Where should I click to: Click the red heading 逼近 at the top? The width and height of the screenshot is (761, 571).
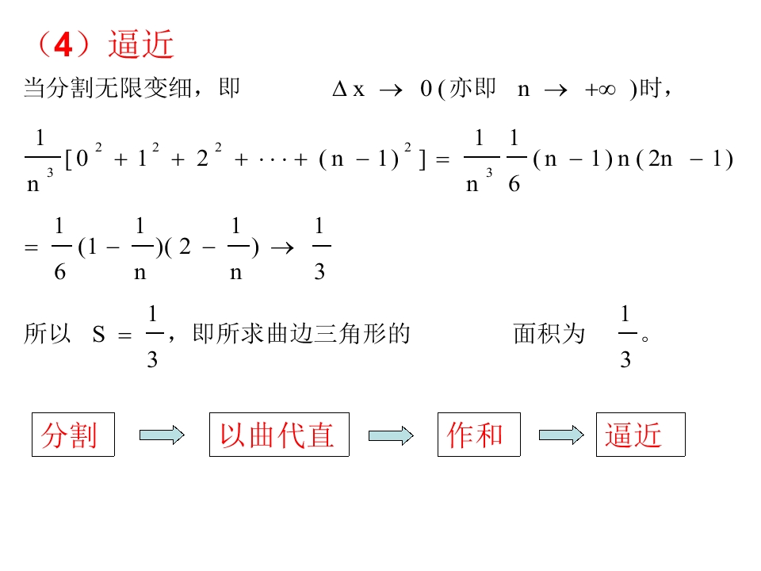[141, 44]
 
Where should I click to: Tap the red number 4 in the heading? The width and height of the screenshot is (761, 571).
[63, 45]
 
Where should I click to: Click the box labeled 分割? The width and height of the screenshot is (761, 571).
[73, 435]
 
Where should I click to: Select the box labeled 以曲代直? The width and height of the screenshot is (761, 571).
[279, 435]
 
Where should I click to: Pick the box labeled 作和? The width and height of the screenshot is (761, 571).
[479, 435]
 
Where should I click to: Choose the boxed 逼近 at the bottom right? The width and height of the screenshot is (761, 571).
[641, 435]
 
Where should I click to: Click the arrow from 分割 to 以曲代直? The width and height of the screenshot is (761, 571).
[162, 435]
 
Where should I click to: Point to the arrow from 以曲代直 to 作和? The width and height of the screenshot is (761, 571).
[391, 435]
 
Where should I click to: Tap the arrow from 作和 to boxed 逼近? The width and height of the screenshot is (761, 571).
[561, 435]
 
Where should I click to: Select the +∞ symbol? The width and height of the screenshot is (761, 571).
[600, 90]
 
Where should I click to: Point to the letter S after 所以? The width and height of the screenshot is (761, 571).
[98, 335]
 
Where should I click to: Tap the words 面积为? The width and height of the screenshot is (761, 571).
[549, 334]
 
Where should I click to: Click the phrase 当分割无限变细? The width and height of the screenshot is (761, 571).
[107, 88]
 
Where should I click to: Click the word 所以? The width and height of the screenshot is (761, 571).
[47, 334]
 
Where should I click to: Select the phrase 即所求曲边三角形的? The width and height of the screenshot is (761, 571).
[301, 334]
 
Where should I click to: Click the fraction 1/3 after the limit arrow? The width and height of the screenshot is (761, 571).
[319, 248]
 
